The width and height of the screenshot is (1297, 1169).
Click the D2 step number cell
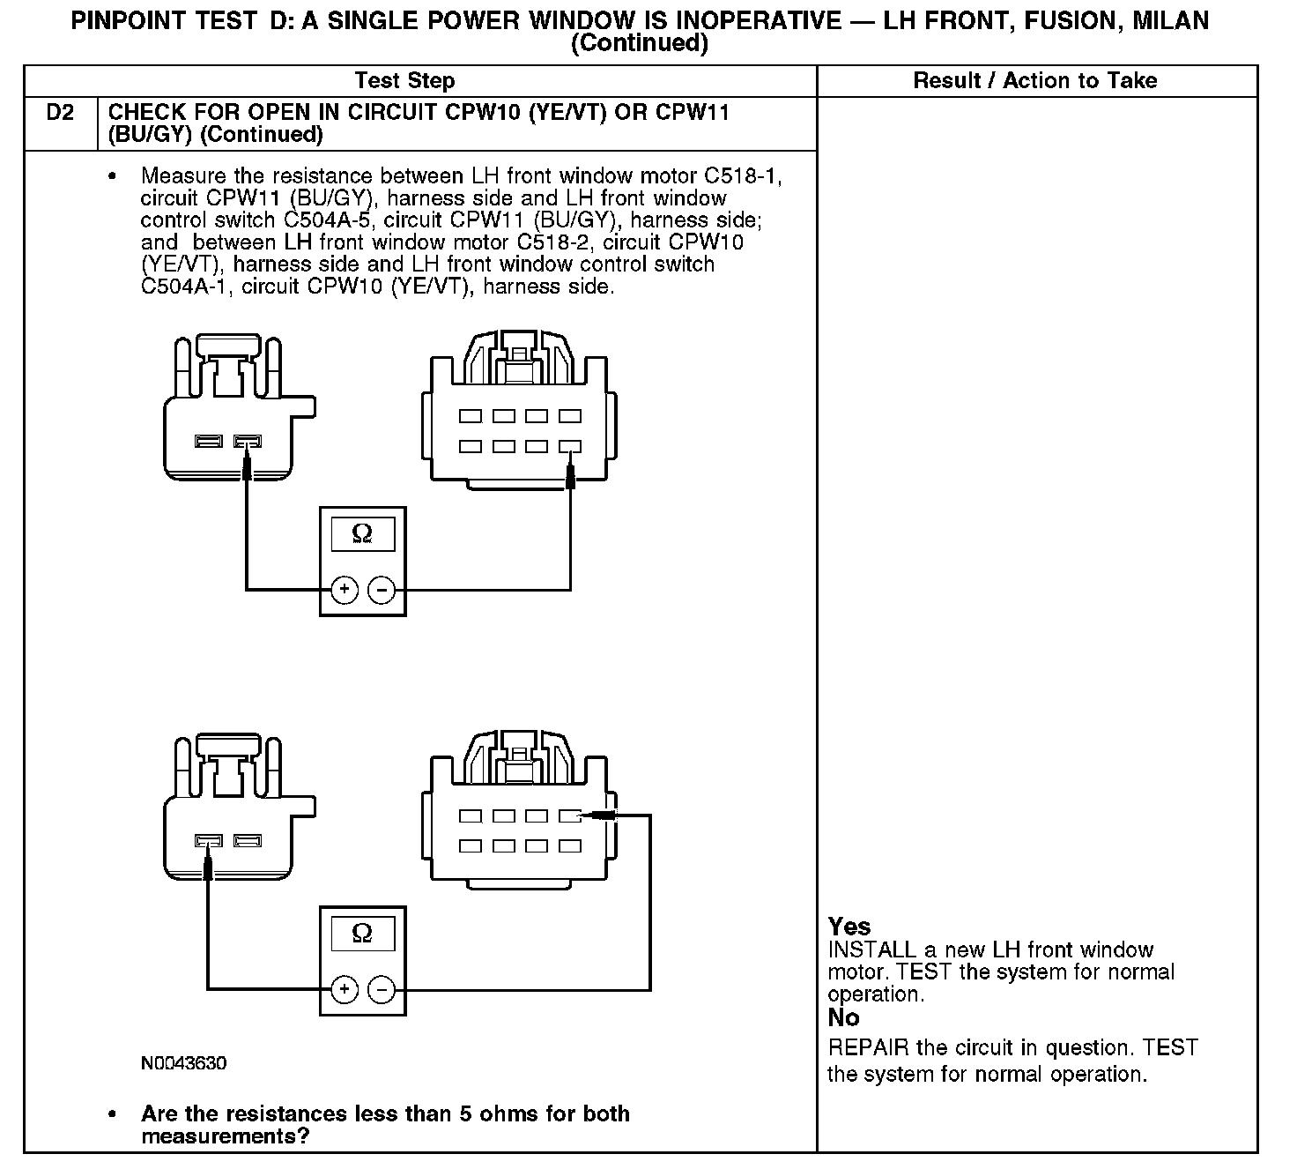(x=60, y=113)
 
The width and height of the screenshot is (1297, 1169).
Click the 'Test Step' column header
(x=404, y=81)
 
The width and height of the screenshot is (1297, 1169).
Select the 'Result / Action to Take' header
(x=1034, y=81)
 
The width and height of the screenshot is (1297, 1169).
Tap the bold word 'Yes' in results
(x=849, y=927)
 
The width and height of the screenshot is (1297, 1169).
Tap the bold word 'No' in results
(x=843, y=1018)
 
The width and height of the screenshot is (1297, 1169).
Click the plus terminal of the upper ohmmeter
(x=345, y=590)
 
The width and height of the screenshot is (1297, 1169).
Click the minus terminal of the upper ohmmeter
(x=382, y=590)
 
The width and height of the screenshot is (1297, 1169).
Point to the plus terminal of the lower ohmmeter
(x=345, y=990)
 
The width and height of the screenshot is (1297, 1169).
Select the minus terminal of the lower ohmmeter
(x=382, y=990)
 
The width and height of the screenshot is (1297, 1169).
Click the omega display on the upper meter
(x=362, y=533)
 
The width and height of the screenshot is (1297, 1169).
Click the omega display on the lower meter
(x=362, y=934)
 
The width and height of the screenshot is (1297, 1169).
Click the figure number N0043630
(x=183, y=1063)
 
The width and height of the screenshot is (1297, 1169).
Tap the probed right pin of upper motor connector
(x=248, y=441)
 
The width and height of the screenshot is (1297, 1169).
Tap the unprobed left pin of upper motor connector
(x=209, y=441)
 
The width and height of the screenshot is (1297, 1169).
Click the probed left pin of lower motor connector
(x=209, y=841)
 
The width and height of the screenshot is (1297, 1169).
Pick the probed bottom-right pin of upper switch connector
(x=570, y=447)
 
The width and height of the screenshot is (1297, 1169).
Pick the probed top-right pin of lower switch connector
(x=570, y=816)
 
